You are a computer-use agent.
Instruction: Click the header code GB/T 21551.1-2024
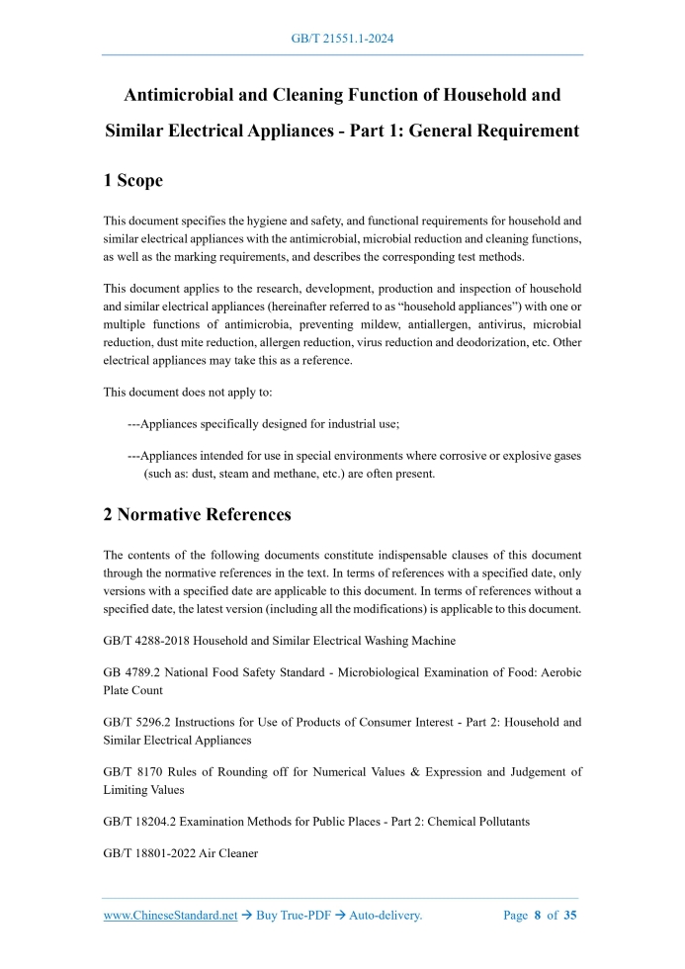click(342, 39)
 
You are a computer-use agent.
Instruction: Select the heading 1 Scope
click(133, 181)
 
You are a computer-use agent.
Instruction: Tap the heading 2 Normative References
click(198, 515)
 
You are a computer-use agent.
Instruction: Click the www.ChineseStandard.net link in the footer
click(170, 916)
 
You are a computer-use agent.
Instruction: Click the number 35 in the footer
click(570, 916)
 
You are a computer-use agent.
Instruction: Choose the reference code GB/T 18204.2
click(145, 821)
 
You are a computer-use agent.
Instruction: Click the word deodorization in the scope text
click(500, 343)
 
